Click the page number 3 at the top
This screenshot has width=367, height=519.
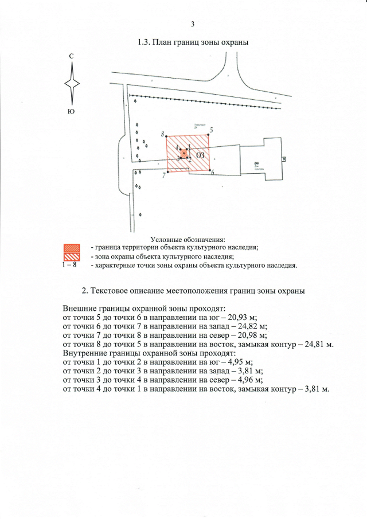(x=193, y=24)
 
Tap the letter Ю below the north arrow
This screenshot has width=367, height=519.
(x=71, y=111)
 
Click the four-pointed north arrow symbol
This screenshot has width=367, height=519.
(x=72, y=83)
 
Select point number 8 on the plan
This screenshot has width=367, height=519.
(x=163, y=135)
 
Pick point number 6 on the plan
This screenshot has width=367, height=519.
(x=213, y=173)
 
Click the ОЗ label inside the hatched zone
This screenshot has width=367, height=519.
(x=200, y=155)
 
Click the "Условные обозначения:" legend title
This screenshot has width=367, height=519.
(x=188, y=239)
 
